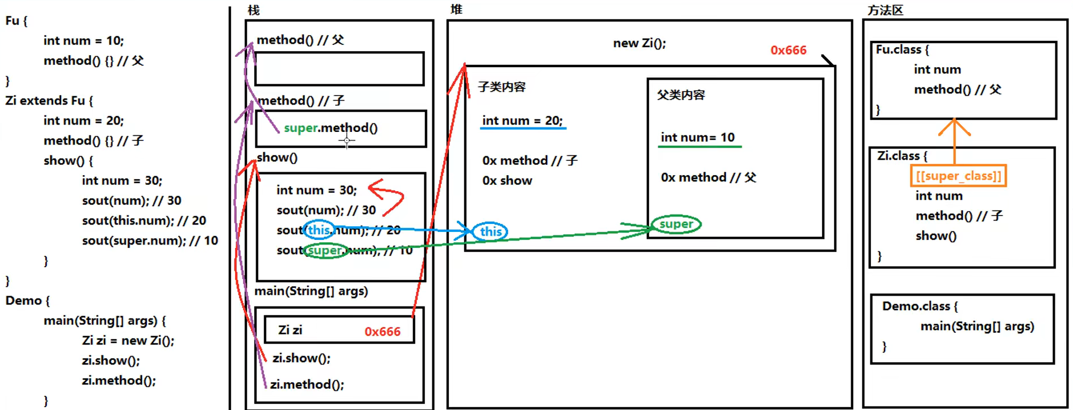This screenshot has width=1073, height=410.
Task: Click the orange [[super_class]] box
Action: coord(958,176)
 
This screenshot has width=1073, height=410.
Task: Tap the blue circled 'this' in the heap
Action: coord(490,231)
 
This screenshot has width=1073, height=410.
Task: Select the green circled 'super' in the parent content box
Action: coord(676,224)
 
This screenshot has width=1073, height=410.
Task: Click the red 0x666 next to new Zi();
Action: coord(788,50)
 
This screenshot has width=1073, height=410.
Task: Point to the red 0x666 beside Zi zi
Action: coord(382,332)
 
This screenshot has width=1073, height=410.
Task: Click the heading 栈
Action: coord(254,10)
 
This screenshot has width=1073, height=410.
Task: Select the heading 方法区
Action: coord(885,10)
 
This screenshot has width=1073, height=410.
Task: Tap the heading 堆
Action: coord(456,9)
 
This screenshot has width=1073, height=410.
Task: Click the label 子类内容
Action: coord(502,87)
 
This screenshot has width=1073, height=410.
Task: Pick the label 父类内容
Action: coord(681,95)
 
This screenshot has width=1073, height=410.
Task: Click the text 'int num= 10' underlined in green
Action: coord(698,138)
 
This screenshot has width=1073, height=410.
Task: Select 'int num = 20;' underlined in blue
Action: coord(522,121)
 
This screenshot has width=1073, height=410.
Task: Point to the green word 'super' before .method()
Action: coord(300,128)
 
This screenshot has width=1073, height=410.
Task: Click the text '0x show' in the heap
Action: coord(507,181)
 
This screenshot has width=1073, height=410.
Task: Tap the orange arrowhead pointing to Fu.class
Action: coord(954,126)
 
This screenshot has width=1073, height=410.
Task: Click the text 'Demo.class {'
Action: coord(920,307)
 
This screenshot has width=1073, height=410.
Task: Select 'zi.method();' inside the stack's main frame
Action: coord(307,384)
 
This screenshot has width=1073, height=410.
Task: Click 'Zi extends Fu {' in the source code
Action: coord(49,101)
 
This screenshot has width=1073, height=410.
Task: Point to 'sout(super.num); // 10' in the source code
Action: coord(150,241)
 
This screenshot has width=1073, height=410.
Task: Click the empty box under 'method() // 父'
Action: coord(339,69)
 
